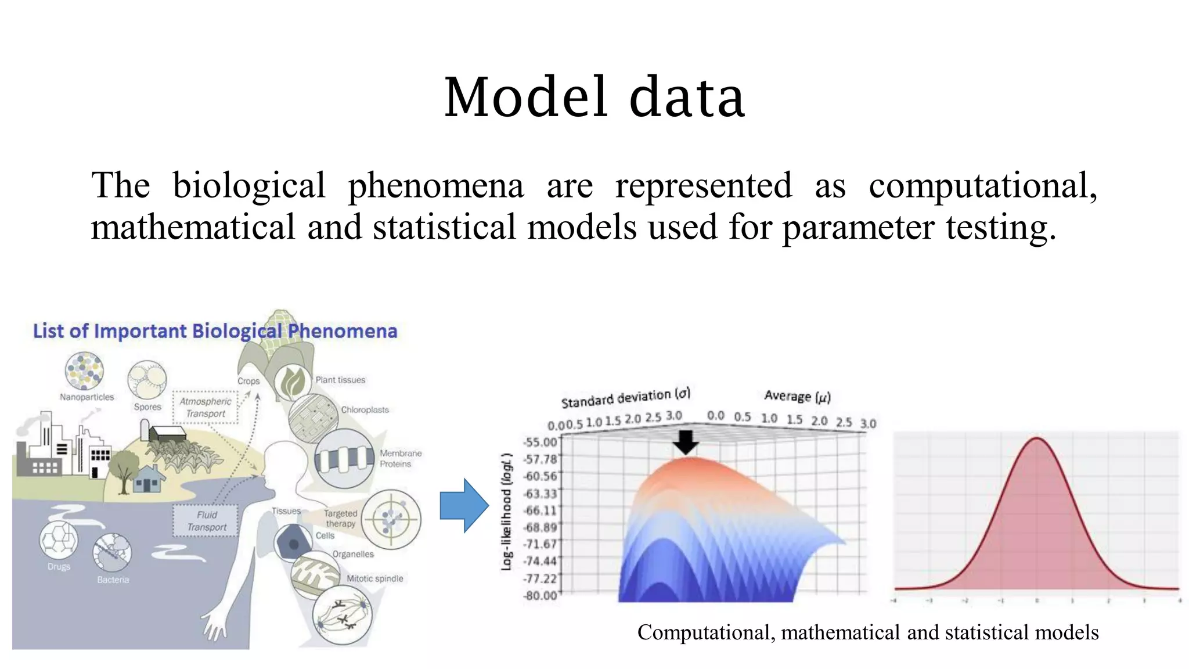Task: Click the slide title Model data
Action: click(594, 97)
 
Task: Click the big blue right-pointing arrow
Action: click(463, 505)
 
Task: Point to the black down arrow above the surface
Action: click(686, 443)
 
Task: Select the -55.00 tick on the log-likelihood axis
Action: click(540, 442)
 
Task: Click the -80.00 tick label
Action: click(540, 595)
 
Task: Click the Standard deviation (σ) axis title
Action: click(625, 398)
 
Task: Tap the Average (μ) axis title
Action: click(797, 397)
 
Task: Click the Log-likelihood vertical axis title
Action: click(507, 511)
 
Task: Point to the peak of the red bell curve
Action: click(1037, 438)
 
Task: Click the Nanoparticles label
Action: click(87, 397)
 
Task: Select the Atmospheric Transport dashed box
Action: click(206, 407)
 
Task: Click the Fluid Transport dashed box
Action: click(206, 521)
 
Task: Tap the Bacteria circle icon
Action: click(112, 552)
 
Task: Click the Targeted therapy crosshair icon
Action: click(391, 519)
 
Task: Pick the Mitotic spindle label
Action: click(374, 578)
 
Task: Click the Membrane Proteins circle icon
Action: click(344, 459)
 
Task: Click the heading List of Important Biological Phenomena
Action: click(215, 331)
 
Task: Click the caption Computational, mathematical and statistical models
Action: click(867, 632)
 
